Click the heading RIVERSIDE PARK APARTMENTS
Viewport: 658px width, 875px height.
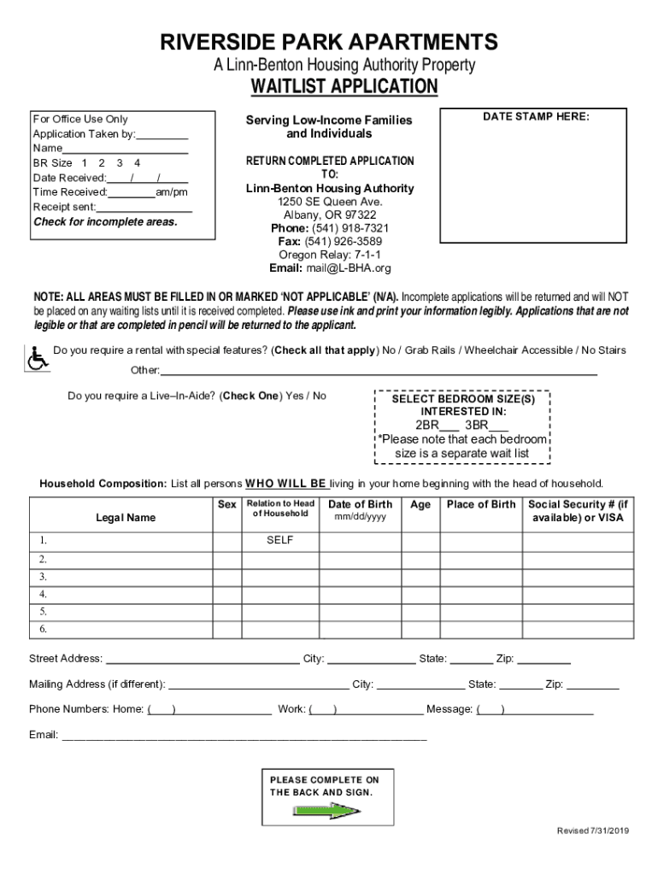coord(329,42)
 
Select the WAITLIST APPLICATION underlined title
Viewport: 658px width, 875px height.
coord(344,86)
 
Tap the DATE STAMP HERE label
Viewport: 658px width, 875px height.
coord(536,117)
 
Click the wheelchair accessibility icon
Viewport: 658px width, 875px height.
coord(38,359)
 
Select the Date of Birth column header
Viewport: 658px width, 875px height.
coord(360,504)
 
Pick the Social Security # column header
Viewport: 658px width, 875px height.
coord(578,511)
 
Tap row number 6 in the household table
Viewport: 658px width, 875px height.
coord(43,630)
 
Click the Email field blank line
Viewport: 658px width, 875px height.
coord(244,735)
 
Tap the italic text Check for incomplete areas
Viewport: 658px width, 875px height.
coord(105,222)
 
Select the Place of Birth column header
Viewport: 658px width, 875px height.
coord(480,504)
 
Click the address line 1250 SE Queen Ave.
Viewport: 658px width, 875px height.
coord(329,202)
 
